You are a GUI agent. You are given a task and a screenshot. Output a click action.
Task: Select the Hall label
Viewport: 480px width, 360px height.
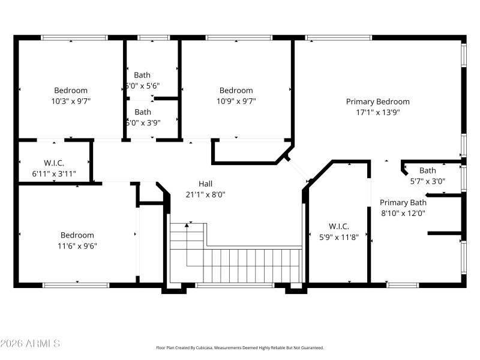pos(205,184)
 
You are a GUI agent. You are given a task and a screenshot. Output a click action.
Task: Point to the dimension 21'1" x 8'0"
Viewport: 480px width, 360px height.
pos(205,194)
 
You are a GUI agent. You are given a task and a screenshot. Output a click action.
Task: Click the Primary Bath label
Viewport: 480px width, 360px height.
pos(403,202)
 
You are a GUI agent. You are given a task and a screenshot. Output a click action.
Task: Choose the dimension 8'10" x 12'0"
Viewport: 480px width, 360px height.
pos(403,212)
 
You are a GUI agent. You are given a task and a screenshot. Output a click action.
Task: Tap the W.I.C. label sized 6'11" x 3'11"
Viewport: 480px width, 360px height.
pos(53,163)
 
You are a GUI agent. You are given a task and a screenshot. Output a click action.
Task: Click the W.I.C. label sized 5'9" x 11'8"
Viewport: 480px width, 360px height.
pos(338,226)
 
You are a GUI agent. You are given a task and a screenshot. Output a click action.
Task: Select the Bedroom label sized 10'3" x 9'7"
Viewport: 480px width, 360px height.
pos(71,91)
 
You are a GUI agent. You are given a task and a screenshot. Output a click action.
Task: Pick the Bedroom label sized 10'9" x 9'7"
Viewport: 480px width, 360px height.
pos(236,91)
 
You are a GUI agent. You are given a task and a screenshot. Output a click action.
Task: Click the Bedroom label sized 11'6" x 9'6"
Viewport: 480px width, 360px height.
pos(77,235)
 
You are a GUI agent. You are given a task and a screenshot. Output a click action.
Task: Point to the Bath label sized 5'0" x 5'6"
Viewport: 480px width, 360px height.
pos(142,75)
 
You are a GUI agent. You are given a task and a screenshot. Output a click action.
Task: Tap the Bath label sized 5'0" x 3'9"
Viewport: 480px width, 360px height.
pos(143,112)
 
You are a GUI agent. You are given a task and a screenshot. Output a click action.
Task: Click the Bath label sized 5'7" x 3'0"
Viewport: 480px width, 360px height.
pos(427,170)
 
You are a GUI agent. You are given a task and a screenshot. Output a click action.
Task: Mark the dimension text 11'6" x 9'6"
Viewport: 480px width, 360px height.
pos(77,245)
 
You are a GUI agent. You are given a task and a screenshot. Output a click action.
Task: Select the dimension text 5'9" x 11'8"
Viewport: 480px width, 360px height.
pos(338,236)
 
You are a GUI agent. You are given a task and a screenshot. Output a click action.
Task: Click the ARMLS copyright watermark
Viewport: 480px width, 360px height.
pos(30,344)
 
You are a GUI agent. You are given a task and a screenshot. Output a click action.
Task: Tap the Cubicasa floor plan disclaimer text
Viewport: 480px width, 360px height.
pos(239,347)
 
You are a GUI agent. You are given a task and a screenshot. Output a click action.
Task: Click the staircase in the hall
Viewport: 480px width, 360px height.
pos(240,264)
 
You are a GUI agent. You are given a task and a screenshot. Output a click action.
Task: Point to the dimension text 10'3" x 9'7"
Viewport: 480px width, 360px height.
pos(71,101)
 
